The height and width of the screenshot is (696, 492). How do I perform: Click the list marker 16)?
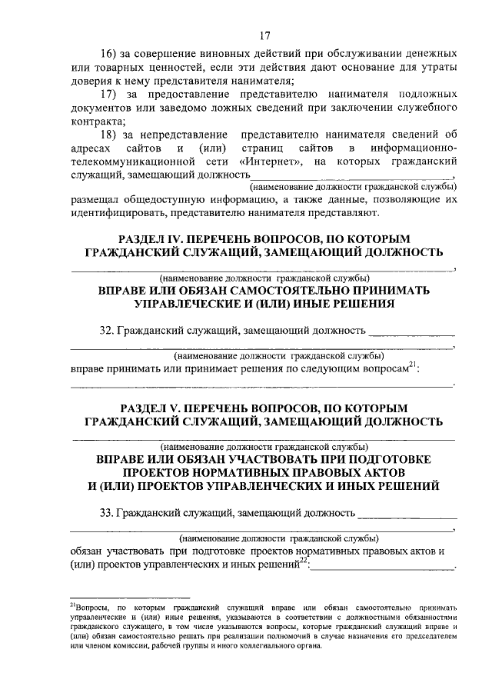pyautogui.click(x=110, y=55)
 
